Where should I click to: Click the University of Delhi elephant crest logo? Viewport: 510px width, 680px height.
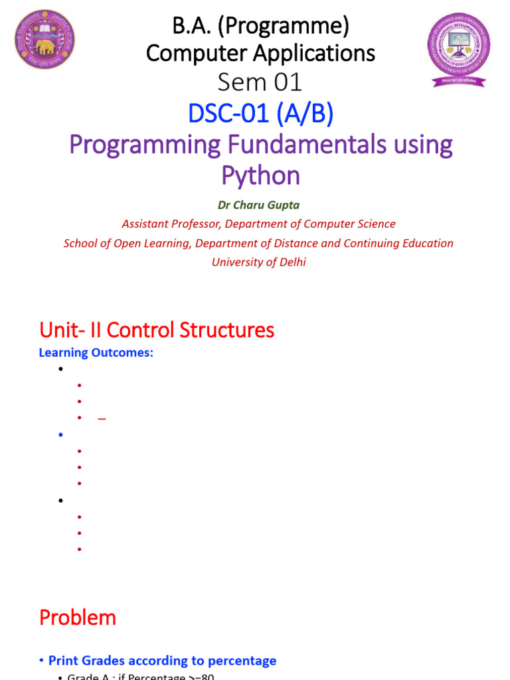(x=44, y=40)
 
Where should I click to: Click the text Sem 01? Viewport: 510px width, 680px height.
(x=260, y=83)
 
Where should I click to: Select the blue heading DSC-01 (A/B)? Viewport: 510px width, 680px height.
(x=260, y=114)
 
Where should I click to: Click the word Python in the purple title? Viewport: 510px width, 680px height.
(x=260, y=176)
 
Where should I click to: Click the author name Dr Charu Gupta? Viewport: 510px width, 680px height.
(x=259, y=206)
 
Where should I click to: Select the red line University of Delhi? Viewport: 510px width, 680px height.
(x=259, y=262)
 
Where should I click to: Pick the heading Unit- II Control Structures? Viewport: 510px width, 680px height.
(x=157, y=330)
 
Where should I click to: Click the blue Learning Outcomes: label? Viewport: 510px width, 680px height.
(x=96, y=353)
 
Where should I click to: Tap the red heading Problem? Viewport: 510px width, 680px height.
(x=78, y=618)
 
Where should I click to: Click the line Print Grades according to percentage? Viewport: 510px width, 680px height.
(x=162, y=661)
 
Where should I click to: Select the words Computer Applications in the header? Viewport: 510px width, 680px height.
(x=260, y=53)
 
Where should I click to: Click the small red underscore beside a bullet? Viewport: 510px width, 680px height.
(x=102, y=419)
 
